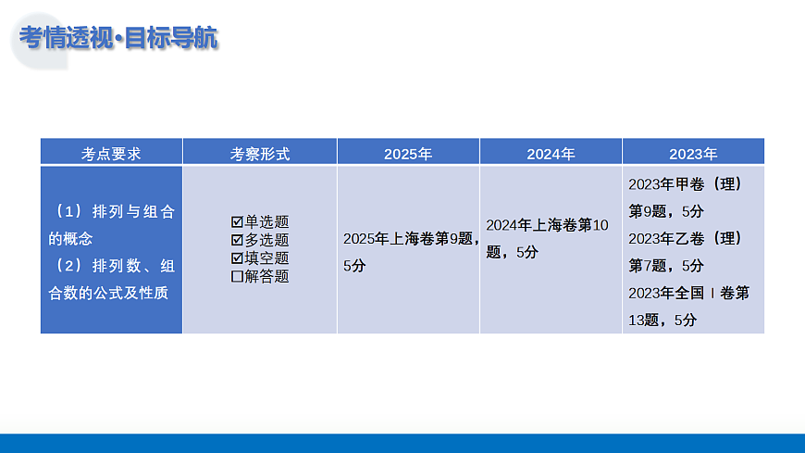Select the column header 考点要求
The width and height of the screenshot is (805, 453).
111,154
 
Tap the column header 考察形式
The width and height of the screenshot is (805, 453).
260,154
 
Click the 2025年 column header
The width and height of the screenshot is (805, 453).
408,154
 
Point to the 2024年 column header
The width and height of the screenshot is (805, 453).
551,154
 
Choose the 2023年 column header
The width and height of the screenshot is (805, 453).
693,154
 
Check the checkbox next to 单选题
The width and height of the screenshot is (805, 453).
237,222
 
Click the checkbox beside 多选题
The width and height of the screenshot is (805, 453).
237,240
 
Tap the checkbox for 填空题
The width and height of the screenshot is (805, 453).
237,258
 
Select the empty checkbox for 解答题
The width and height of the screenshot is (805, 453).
237,275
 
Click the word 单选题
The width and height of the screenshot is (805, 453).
266,222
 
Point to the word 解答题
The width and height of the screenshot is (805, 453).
266,275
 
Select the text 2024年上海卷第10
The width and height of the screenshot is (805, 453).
548,225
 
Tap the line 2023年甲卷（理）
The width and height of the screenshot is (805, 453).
685,184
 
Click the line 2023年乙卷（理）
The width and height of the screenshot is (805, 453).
685,238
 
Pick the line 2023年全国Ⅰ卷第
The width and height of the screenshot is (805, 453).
688,293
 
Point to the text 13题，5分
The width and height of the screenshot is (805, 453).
663,320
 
